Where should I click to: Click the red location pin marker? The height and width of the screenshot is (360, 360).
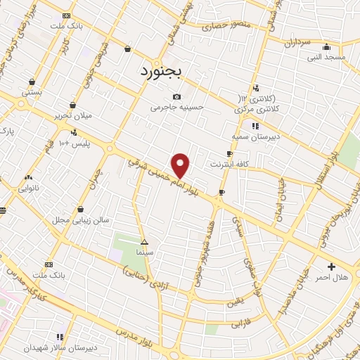pos(181,165)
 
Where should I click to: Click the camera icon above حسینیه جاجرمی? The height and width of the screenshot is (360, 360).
pos(176,97)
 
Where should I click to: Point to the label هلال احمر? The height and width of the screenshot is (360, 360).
pos(330,278)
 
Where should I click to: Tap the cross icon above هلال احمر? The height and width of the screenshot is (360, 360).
pos(331,266)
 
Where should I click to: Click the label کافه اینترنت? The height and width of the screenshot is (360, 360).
pos(229,164)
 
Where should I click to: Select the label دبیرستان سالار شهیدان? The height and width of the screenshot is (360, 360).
pos(59,347)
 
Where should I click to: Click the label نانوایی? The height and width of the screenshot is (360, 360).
pos(29,188)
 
